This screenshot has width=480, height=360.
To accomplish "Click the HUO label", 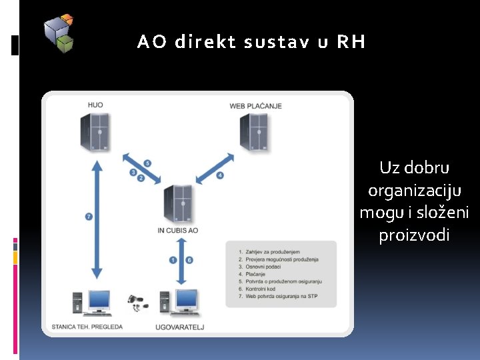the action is tap(95, 105).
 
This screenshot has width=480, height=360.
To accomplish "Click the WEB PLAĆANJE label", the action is tap(255, 106).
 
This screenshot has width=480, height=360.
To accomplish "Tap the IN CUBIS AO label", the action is tap(177, 231).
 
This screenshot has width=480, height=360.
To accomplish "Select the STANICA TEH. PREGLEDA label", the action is tap(87, 327).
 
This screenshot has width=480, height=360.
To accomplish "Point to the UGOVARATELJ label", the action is tap(179, 327).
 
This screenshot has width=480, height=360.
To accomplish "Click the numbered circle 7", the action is tap(89, 216).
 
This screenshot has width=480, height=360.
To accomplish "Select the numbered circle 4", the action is tap(220, 175).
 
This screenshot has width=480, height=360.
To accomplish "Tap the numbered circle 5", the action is tap(147, 163).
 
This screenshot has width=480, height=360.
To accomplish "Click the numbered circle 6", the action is tap(189, 260).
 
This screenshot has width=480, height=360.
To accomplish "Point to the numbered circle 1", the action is tap(173, 260).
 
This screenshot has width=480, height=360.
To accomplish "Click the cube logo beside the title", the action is tap(59, 33).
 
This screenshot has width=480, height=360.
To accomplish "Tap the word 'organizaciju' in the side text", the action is tap(414, 190).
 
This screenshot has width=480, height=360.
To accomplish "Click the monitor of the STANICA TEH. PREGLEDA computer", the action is tap(100, 301).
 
